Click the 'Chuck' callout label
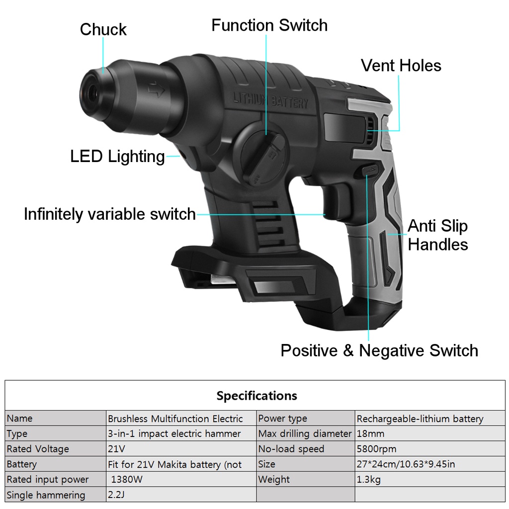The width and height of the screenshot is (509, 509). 103,29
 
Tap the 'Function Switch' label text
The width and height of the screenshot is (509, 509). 269,25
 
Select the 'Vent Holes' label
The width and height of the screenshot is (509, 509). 401,66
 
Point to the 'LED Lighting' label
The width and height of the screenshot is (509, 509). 117,157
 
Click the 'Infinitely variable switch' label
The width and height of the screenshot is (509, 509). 110,214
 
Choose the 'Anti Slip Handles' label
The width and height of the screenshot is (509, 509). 437,235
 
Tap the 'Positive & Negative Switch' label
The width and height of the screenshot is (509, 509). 379,350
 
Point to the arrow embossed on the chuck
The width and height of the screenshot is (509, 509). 156,89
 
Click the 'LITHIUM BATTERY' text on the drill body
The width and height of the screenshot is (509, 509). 270,100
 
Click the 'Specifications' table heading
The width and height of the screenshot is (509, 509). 257,396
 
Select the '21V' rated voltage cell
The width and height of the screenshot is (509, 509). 116,449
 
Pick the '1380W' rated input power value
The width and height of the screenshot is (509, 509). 127,480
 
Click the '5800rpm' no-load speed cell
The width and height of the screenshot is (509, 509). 376,449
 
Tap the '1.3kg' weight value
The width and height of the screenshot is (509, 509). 368,480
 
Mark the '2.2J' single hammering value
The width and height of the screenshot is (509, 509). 116,495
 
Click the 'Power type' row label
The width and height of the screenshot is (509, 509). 282,419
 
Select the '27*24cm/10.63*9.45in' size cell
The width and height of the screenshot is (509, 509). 406,464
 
